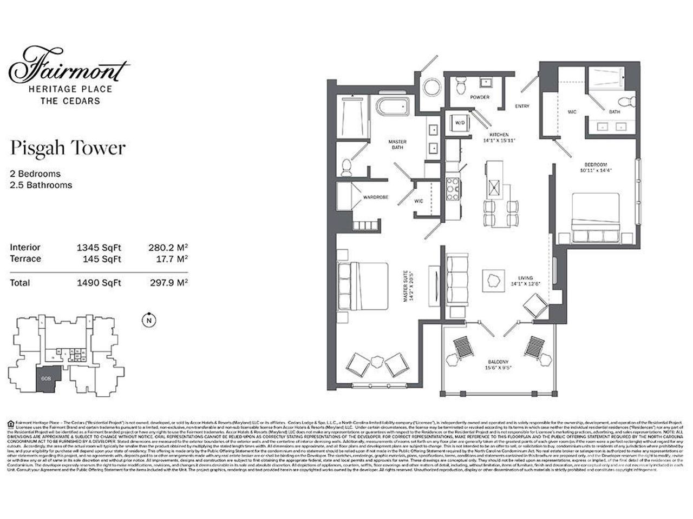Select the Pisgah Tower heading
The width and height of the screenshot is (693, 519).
[68, 148]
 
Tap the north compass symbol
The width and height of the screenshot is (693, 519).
[147, 321]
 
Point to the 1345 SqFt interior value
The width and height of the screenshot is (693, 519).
[99, 248]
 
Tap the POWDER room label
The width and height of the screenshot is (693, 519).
[480, 97]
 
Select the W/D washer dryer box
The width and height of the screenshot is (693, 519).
[460, 123]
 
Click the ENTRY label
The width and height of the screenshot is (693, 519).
[522, 107]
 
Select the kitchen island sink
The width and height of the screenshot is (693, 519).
[494, 190]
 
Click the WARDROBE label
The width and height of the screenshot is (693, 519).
[376, 197]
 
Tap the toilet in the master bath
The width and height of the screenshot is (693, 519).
[348, 166]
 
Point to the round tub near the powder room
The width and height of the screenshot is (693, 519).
[433, 87]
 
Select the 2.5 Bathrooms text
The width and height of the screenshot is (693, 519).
[41, 185]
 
